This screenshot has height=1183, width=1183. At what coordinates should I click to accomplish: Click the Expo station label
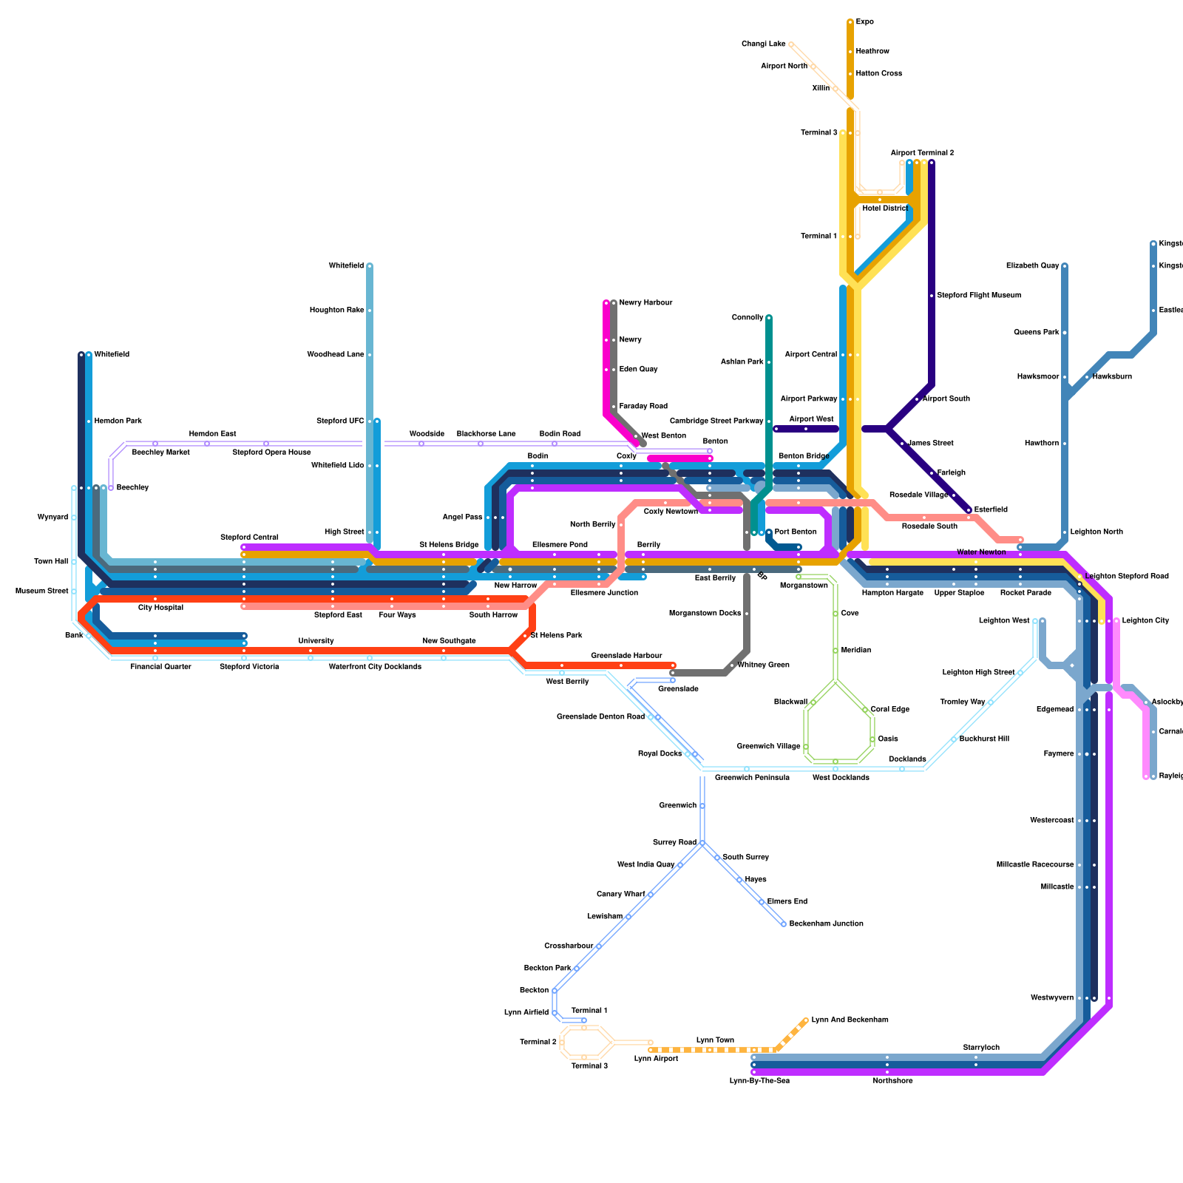click(864, 22)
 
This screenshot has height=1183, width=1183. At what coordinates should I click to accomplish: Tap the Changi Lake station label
click(764, 44)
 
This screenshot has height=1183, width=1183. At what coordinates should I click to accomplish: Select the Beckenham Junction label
click(826, 924)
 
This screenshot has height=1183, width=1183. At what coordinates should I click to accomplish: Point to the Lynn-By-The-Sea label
click(759, 1081)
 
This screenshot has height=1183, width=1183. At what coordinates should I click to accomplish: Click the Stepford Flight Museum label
click(978, 296)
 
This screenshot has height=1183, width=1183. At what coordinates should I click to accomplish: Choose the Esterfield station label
click(990, 510)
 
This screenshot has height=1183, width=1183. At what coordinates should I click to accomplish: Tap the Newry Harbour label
click(645, 303)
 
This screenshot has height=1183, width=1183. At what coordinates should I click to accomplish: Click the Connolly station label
click(747, 318)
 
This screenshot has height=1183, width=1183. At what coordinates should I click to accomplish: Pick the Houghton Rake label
click(336, 311)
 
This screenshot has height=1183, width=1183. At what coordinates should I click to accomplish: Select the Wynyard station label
click(52, 518)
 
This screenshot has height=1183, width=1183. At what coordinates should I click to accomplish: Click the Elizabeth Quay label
click(1032, 266)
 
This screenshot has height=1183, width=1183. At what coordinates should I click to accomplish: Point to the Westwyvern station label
click(1051, 998)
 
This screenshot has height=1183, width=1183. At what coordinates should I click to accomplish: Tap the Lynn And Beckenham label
click(850, 1020)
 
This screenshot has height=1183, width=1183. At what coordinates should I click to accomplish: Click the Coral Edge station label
click(889, 710)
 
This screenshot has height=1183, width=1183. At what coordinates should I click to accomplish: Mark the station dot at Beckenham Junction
click(784, 924)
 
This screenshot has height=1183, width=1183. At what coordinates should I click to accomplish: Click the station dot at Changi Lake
click(791, 44)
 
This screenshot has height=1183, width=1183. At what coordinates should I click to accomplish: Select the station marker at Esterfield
click(969, 510)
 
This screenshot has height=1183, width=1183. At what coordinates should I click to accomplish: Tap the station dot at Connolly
click(769, 318)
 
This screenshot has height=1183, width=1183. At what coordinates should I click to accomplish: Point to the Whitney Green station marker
click(732, 665)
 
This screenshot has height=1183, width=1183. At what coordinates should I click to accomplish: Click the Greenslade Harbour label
click(626, 656)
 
